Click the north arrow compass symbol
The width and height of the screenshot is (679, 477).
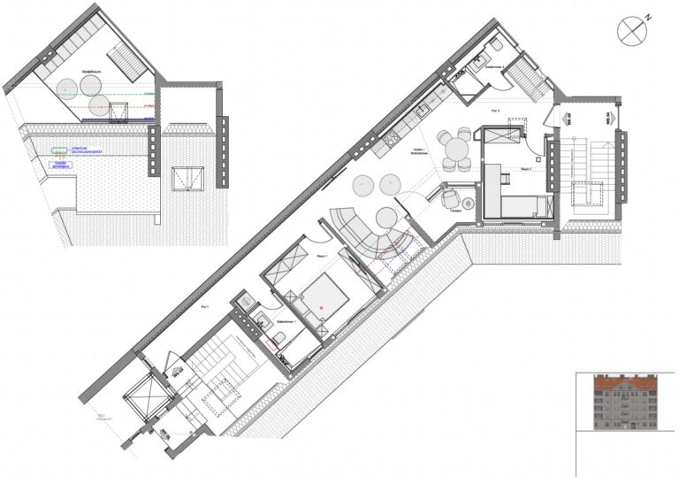(x=633, y=28)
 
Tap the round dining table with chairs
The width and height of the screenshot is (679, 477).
(x=458, y=148)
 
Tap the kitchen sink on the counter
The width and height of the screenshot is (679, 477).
(x=423, y=111)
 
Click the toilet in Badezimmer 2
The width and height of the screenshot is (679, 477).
(x=496, y=44)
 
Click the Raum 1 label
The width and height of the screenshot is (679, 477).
(x=321, y=256)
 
